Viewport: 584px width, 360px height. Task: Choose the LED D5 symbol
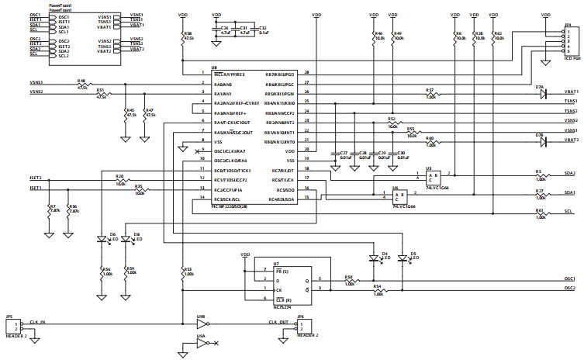(402, 258)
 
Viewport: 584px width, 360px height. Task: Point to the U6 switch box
(399, 196)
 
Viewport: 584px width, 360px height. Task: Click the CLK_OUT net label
(278, 322)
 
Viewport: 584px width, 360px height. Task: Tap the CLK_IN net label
(38, 321)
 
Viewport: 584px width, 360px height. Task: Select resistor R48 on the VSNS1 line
(82, 84)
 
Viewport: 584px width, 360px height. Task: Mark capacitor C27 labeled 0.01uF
(336, 156)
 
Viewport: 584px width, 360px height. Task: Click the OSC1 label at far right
(569, 279)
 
